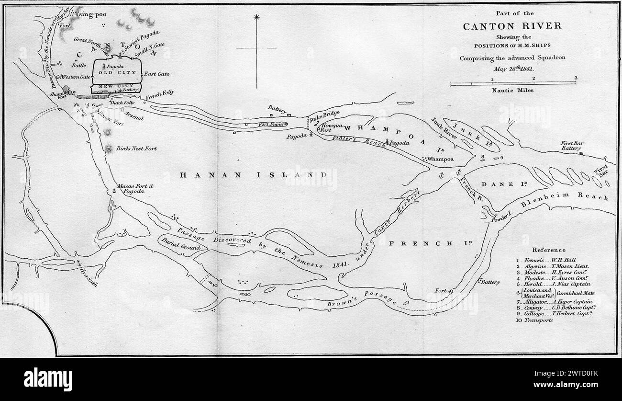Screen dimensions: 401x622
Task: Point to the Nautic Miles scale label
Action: (513, 90)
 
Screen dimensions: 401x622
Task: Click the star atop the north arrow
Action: (257, 18)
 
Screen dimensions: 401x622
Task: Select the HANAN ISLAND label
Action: (253, 175)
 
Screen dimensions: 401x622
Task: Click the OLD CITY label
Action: (117, 72)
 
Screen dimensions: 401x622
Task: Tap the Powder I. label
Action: (501, 219)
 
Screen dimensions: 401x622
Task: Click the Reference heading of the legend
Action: (548, 250)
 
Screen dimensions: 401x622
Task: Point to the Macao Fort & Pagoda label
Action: (131, 188)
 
